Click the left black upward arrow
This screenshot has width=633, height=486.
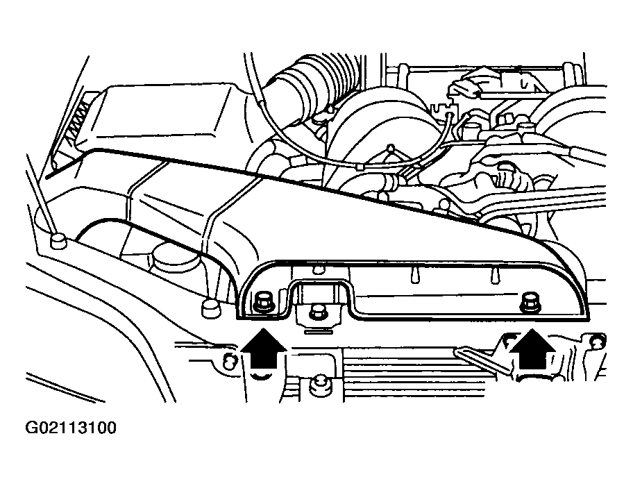tap(264, 348)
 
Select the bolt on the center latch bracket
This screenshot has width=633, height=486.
tap(315, 312)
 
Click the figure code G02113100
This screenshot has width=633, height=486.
tap(71, 428)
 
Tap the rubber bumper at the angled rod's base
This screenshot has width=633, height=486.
tap(58, 242)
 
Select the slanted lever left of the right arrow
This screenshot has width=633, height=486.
tap(480, 360)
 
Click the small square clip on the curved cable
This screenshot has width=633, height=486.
tap(360, 167)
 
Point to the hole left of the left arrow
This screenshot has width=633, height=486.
tap(229, 359)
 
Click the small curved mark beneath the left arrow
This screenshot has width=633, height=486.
tap(261, 377)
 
